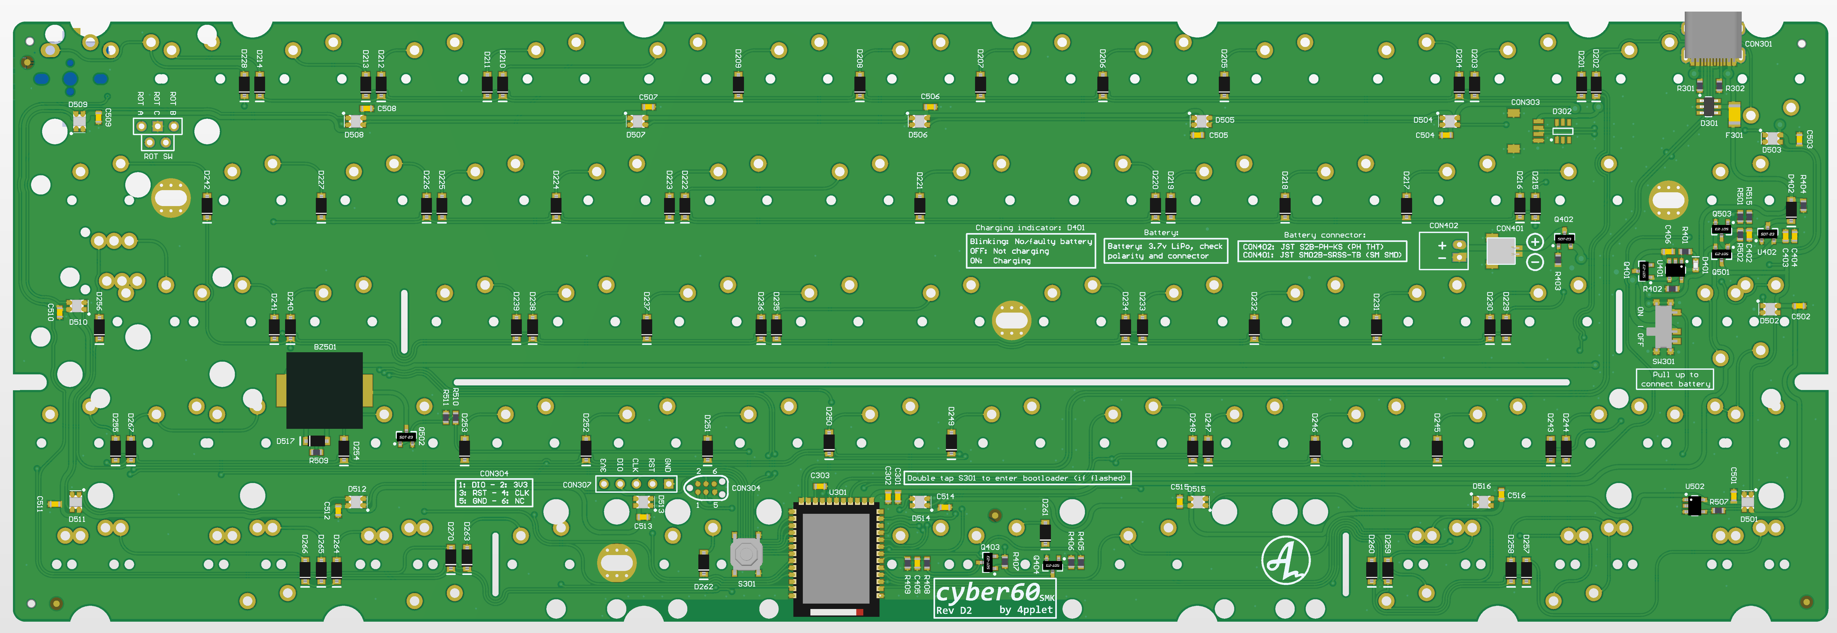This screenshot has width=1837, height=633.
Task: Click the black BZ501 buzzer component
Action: [x=324, y=390]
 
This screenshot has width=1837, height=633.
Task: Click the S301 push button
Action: [x=746, y=554]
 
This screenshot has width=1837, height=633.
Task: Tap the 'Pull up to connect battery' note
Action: [x=1674, y=379]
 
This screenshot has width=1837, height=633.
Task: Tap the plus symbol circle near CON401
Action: [x=1535, y=242]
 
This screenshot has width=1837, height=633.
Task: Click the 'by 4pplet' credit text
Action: [x=1026, y=610]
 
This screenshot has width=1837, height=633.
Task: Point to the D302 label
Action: [x=1562, y=111]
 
